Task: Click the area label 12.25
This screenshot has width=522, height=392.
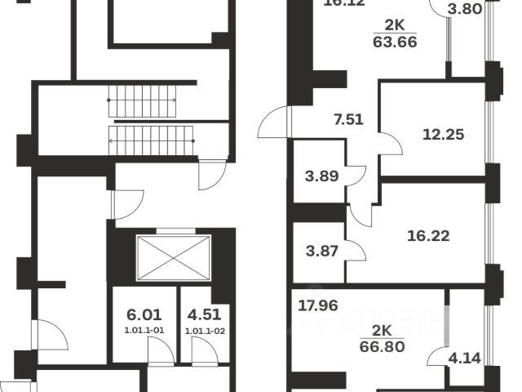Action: click(x=444, y=134)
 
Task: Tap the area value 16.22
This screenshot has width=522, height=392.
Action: click(x=428, y=236)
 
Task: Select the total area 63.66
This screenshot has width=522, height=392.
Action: click(x=396, y=42)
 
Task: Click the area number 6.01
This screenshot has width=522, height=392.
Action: click(x=142, y=313)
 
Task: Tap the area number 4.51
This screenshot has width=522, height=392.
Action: click(x=204, y=313)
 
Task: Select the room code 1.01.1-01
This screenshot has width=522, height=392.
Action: click(x=142, y=330)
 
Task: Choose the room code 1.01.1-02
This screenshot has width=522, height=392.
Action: click(x=204, y=330)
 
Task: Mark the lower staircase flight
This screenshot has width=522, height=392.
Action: click(x=154, y=139)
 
